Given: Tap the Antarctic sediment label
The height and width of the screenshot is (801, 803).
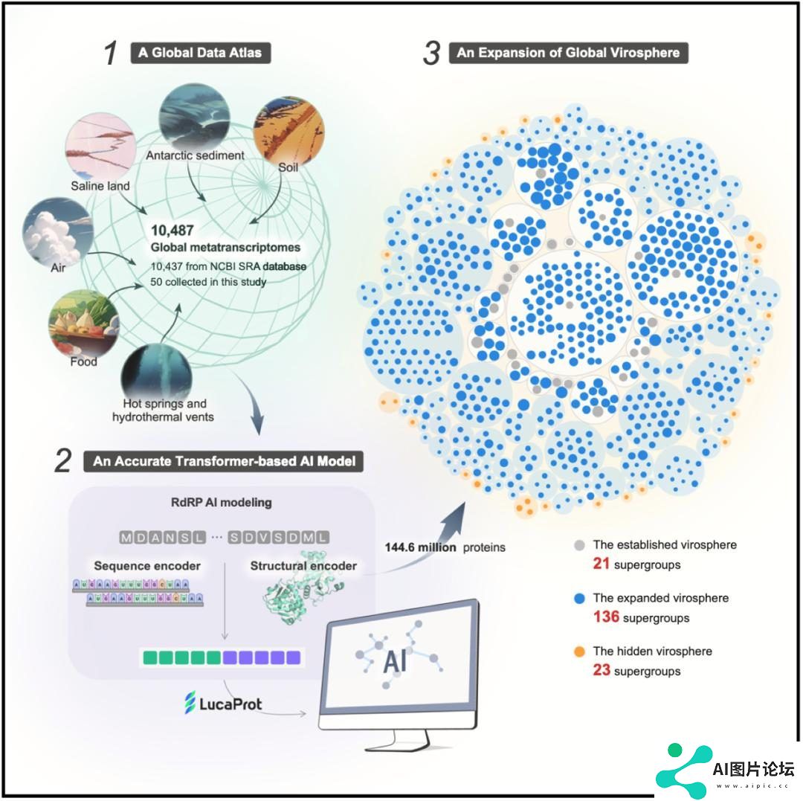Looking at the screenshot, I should coord(195,155).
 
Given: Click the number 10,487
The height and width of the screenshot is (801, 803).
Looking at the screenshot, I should coord(172,231).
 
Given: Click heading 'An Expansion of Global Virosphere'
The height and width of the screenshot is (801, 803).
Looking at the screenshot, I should coord(569,53).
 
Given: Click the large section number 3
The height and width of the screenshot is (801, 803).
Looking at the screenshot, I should coord(431,54).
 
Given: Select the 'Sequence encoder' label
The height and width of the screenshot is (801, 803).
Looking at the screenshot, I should coord(147,566).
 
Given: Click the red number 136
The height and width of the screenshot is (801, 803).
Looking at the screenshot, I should coord(606,617).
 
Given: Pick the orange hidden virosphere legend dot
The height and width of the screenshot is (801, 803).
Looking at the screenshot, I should coord(579,651).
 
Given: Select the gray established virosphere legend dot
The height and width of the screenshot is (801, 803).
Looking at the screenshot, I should coord(579,544).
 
